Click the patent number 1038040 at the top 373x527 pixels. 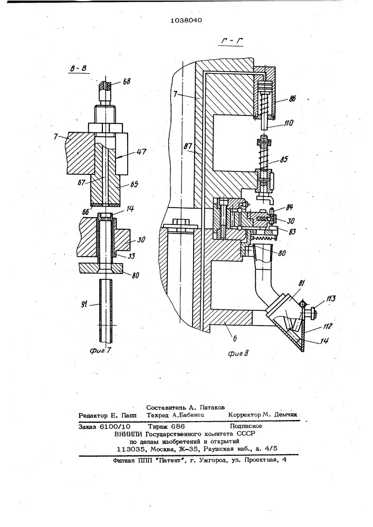pos(186,21)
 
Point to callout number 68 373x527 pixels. pos(127,81)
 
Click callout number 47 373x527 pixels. pos(141,152)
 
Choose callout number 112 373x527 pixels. pos(327,326)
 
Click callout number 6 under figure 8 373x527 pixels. pos(234,338)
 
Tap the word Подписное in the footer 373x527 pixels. pos(246,426)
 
